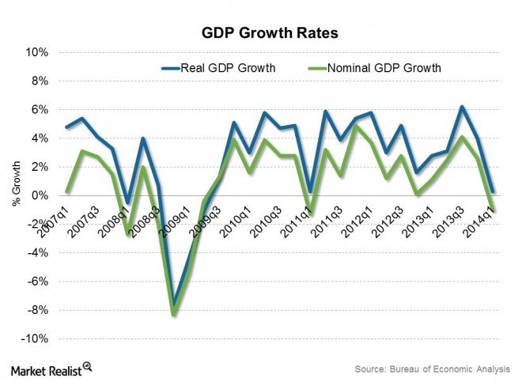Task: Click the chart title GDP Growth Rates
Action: click(260, 35)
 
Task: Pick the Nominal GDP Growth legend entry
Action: click(375, 67)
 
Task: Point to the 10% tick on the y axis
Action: click(39, 52)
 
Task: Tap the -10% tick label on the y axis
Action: click(37, 339)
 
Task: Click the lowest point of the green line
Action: click(174, 314)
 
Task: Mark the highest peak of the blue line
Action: click(463, 107)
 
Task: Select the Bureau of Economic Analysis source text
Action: click(433, 368)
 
